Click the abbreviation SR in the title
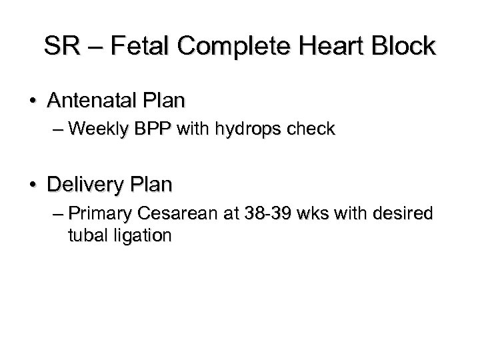coord(60,47)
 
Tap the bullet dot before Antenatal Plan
coord(33,102)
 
